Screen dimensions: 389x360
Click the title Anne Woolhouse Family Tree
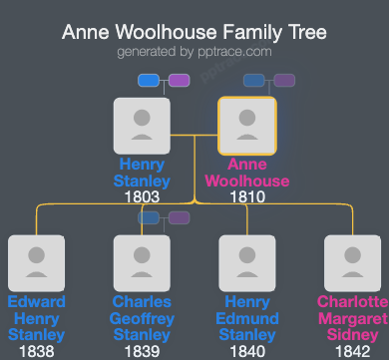[x=194, y=32]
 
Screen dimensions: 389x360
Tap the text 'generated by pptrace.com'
[x=194, y=51]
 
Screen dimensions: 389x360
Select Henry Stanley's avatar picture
[x=143, y=126]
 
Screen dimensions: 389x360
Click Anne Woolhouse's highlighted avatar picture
[x=247, y=126]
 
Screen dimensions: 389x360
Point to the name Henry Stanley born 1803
[x=143, y=173]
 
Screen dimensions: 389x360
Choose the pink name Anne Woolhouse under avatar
[x=247, y=173]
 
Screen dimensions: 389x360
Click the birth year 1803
[x=143, y=197]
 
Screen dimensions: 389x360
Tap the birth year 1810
[x=247, y=197]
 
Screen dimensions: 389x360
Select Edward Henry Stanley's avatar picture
[x=36, y=263]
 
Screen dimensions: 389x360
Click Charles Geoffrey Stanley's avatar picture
[x=143, y=263]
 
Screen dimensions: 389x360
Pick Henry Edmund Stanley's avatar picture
[x=247, y=263]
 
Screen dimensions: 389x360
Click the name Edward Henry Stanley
[x=36, y=318]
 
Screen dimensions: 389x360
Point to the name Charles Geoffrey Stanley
[x=143, y=318]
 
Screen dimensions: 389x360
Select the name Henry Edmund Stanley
[x=247, y=318]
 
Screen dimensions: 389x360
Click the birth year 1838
[x=36, y=351]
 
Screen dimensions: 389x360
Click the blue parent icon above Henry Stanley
[x=149, y=81]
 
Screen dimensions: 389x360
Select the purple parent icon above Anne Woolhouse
[x=284, y=81]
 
